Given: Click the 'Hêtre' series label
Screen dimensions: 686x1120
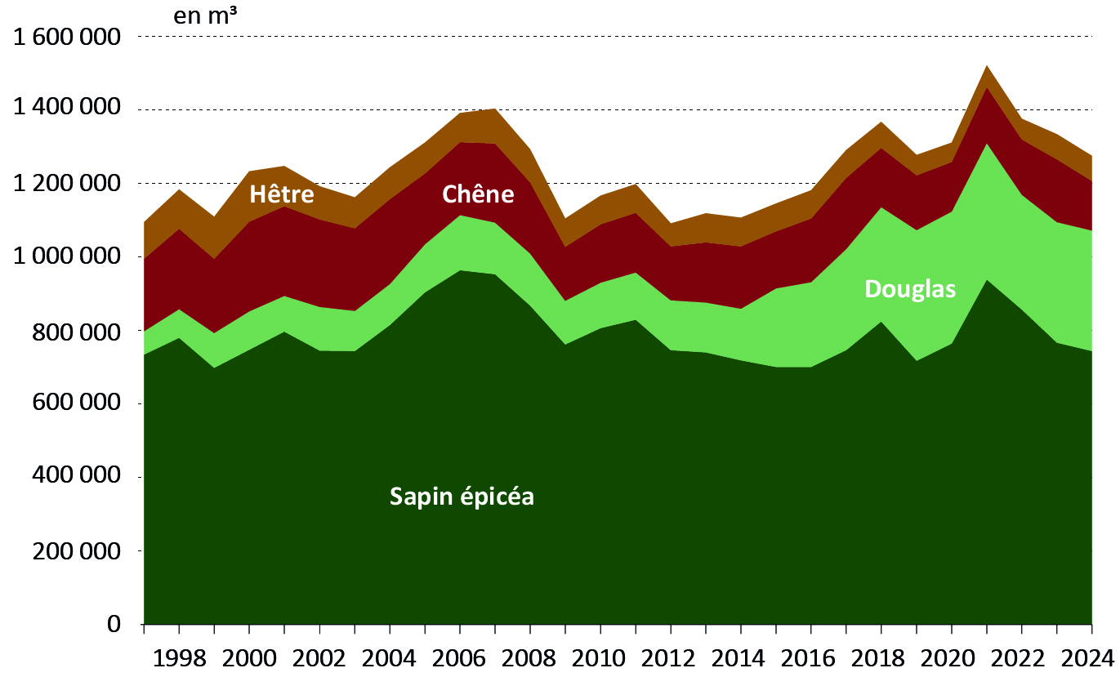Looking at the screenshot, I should coord(282,194).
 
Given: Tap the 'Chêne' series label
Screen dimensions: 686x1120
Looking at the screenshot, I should coord(478,194).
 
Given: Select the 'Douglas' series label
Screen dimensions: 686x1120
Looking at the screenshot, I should coord(910,289).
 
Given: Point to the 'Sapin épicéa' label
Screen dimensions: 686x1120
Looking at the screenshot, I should coord(462,496).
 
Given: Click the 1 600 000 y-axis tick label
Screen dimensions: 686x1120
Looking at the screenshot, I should coord(65,37).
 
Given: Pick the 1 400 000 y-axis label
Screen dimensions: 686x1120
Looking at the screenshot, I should coord(65,109).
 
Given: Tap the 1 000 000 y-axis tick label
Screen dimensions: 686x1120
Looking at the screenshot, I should coord(65,257).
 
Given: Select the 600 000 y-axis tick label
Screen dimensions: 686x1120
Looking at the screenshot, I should coord(79,404).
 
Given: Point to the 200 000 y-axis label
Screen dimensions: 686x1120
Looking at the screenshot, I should coord(79,551).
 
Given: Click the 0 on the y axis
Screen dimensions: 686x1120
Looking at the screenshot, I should coord(114,625).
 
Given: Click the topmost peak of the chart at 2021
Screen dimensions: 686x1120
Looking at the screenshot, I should coord(987,66).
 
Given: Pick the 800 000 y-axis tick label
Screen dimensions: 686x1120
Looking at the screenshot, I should coord(79,332).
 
